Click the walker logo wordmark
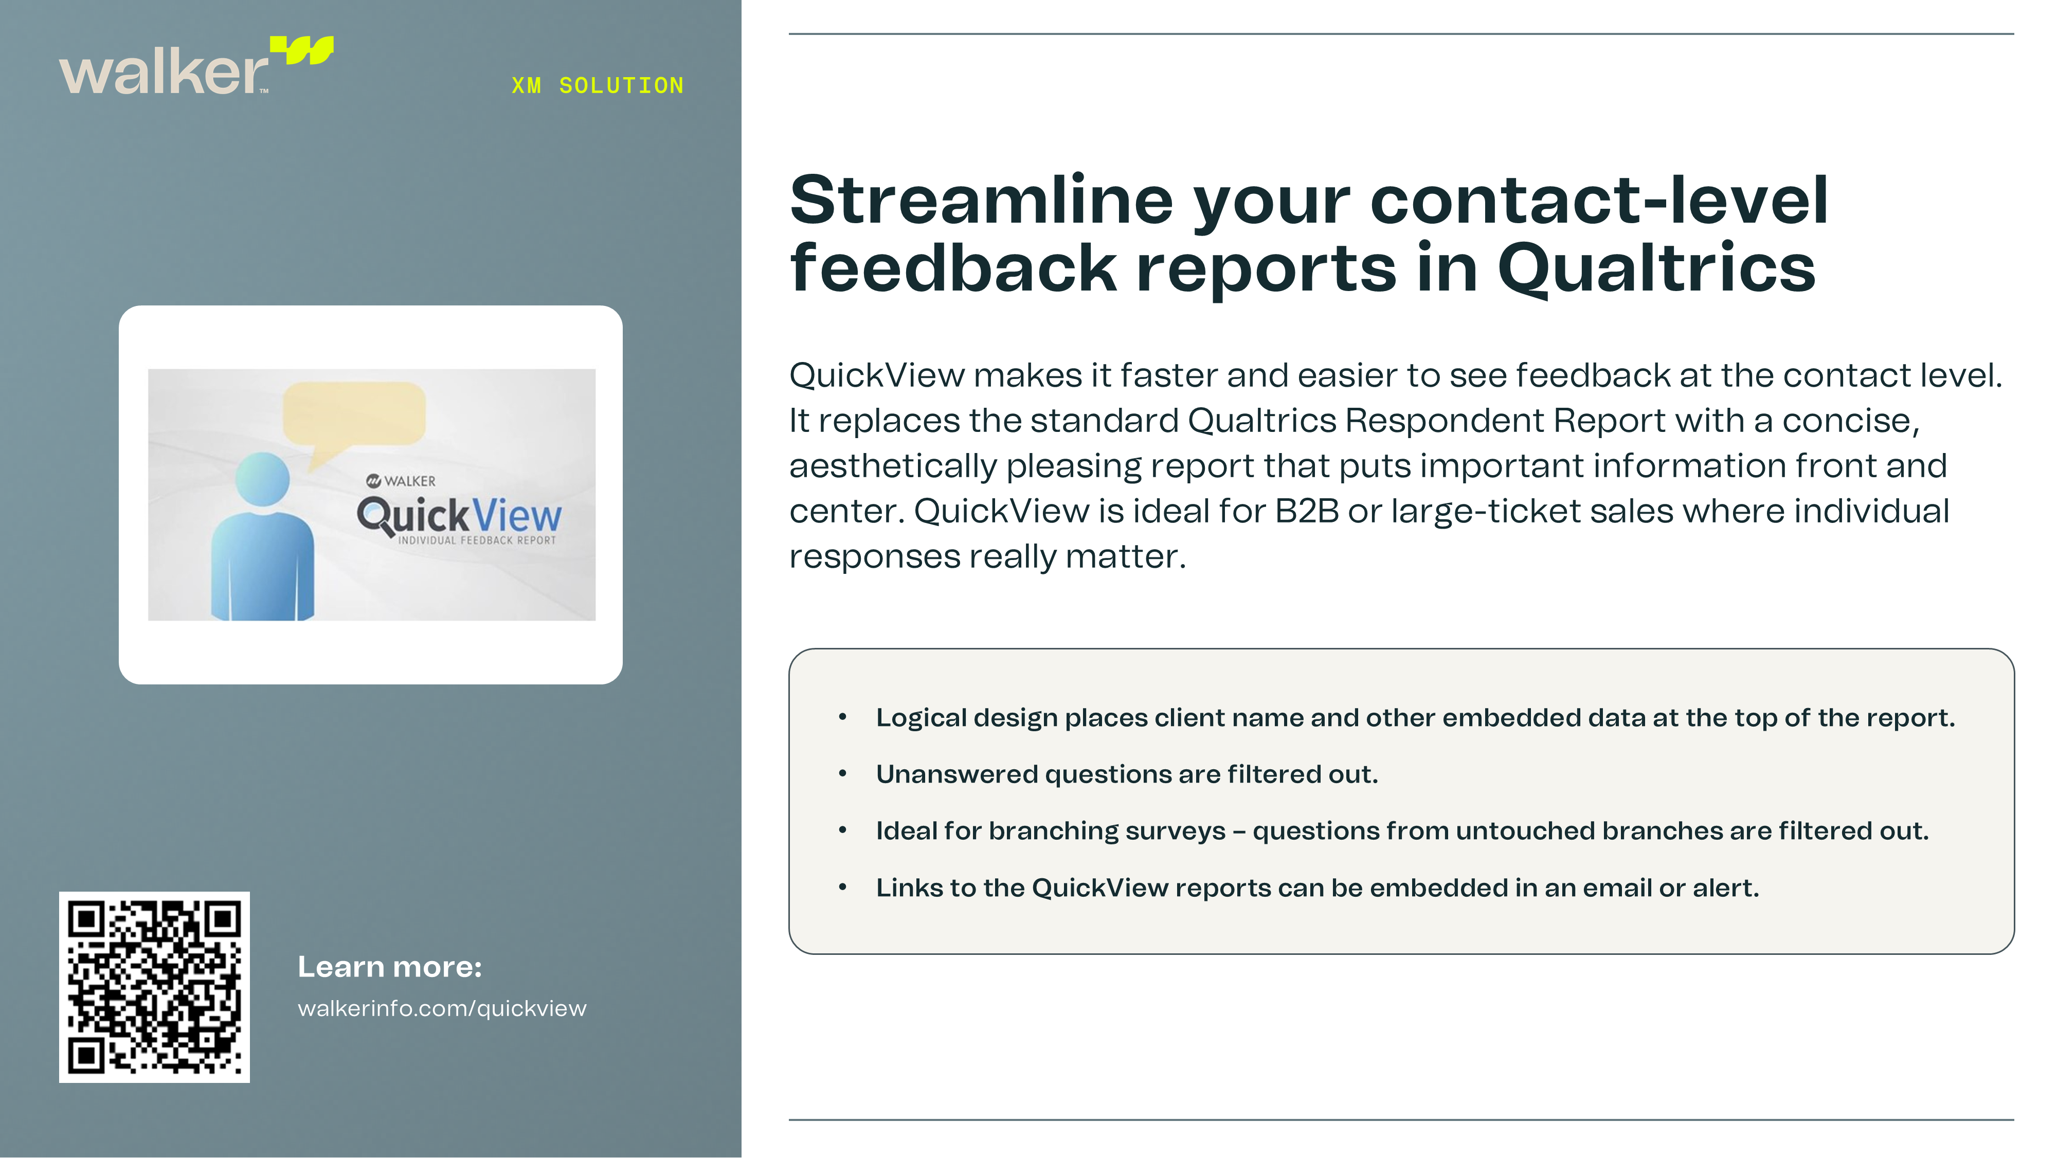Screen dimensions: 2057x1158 [x=164, y=72]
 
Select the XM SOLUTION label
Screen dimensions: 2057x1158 [x=597, y=85]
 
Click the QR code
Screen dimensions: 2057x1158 [x=154, y=987]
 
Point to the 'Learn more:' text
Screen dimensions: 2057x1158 [x=390, y=967]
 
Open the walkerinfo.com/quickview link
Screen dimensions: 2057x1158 [x=442, y=1009]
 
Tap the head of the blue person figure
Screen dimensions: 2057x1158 [x=263, y=479]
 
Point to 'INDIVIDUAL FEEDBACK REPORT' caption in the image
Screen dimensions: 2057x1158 [x=477, y=540]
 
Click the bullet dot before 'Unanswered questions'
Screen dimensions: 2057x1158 [x=842, y=774]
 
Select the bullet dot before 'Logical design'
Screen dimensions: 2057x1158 [x=842, y=717]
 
